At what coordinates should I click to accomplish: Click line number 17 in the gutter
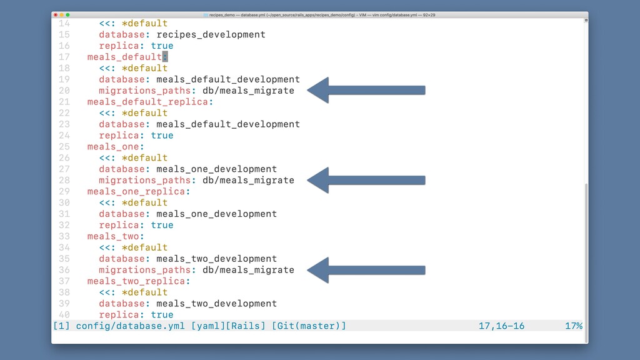(64, 57)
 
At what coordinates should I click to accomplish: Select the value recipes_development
(211, 35)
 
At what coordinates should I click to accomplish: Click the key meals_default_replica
(147, 102)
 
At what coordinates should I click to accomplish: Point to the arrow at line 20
(366, 90)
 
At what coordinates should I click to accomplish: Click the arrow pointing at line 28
(366, 180)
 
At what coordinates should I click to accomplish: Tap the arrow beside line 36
(366, 270)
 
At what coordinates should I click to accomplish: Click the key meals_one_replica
(136, 192)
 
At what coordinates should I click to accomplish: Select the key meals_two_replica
(136, 282)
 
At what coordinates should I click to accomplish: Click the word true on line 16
(162, 46)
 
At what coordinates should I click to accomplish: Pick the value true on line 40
(162, 315)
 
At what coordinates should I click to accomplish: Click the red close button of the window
(56, 15)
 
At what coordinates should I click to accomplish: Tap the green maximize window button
(67, 15)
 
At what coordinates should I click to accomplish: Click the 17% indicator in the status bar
(574, 326)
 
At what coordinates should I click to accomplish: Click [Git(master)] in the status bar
(309, 326)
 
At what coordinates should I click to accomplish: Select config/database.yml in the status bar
(130, 326)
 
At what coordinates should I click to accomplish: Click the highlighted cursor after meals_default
(165, 57)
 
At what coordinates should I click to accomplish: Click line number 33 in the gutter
(64, 236)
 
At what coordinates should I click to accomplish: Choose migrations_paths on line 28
(144, 181)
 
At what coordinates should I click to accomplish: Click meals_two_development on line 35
(217, 259)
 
